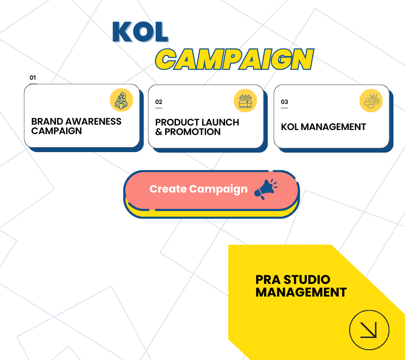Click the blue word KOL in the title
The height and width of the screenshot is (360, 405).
pos(140,32)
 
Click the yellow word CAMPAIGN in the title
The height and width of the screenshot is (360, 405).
pos(234,59)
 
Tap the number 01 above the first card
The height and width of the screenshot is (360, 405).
pos(33,77)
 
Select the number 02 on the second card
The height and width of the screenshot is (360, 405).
pos(158,102)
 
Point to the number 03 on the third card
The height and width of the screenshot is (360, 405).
pos(284,102)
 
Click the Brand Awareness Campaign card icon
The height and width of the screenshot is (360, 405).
pos(121,100)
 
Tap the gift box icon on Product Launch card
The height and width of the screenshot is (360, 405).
pos(245,101)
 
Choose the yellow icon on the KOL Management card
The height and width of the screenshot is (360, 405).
pos(371,101)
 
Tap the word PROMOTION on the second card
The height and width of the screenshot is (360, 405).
pos(193,132)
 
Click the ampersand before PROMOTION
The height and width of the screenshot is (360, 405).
pos(158,132)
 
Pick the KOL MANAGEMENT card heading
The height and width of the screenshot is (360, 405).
pos(324,127)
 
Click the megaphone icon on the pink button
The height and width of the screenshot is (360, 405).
pos(265,189)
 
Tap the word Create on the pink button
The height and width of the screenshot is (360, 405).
pos(168,189)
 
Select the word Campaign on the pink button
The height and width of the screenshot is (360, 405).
pos(218,189)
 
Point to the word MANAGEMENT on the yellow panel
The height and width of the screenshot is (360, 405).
pos(301,292)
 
